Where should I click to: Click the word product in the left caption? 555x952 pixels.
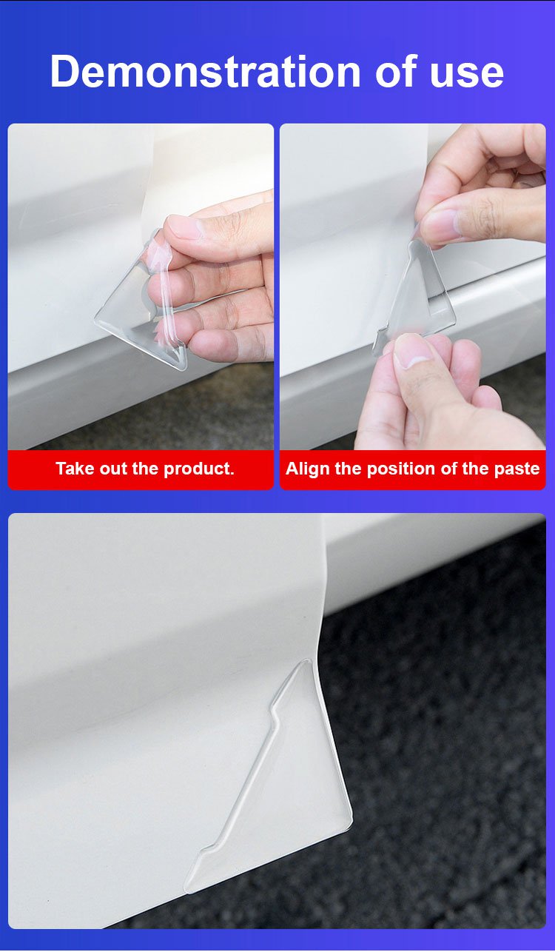(199, 469)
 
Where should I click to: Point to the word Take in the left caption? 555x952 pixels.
(75, 469)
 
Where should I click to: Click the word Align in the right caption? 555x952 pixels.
(308, 469)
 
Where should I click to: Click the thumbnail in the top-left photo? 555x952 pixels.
(184, 225)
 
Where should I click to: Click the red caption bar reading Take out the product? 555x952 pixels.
(141, 469)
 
